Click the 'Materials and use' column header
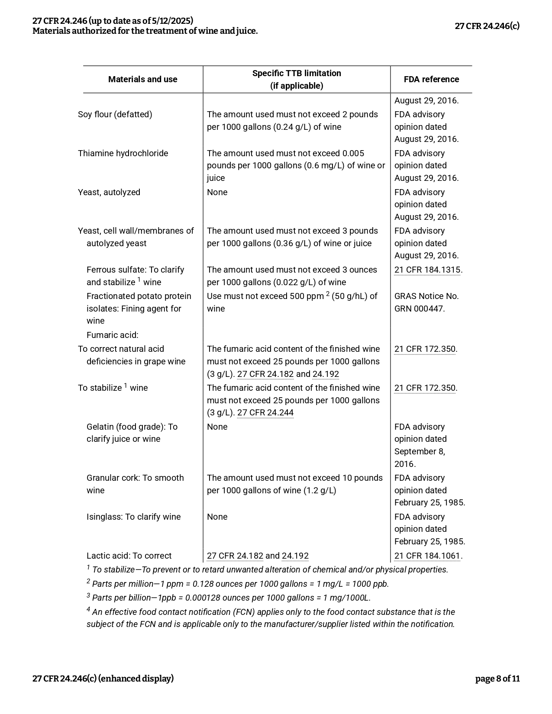(142, 79)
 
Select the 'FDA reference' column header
(431, 79)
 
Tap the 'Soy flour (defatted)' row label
(115, 114)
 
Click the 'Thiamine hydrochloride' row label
(123, 153)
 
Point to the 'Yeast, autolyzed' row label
(109, 192)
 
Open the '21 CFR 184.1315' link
(427, 270)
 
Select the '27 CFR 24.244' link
(265, 412)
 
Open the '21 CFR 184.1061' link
(427, 556)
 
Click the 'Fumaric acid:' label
(113, 335)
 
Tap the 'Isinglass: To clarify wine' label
(133, 517)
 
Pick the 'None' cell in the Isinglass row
(217, 517)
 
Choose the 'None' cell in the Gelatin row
(217, 427)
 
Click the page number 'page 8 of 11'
(497, 679)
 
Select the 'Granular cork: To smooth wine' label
(135, 484)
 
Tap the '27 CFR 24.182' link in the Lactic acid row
(235, 556)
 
